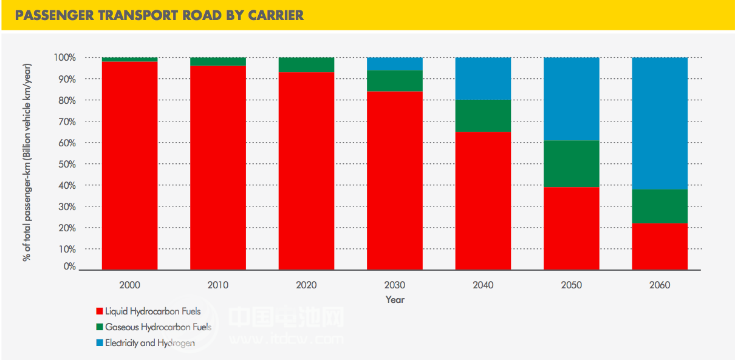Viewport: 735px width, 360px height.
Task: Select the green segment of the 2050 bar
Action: [571, 164]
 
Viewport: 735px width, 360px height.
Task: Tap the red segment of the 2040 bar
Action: [483, 200]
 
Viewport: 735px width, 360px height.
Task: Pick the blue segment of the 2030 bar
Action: [394, 64]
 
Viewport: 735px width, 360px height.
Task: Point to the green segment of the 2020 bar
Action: [306, 65]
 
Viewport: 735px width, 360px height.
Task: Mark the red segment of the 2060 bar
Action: [660, 246]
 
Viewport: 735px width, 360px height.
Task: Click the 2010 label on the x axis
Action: [218, 285]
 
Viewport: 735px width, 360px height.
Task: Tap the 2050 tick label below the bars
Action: [571, 285]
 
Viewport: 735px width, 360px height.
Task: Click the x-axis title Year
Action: [394, 300]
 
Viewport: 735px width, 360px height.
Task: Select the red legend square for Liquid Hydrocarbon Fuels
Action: [100, 311]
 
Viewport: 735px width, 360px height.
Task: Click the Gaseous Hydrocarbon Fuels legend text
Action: [158, 327]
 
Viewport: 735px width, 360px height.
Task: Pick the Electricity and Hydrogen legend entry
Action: [149, 343]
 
